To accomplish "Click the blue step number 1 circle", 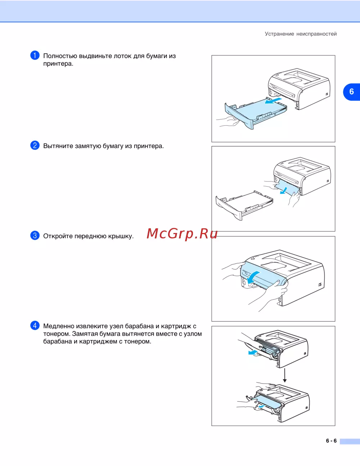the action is point(35,55).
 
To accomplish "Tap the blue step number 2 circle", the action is point(35,145).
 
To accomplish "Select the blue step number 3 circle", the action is point(35,236).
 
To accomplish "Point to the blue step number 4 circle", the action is point(35,326).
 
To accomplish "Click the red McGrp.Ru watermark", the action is point(182,234).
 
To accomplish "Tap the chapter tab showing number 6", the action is point(351,92).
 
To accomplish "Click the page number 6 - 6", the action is point(331,441).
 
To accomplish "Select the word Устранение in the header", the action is point(279,34).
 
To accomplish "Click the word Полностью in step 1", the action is point(60,56).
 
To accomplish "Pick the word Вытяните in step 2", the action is point(58,146).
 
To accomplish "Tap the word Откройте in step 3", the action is point(58,236).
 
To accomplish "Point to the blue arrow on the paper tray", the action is point(273,100).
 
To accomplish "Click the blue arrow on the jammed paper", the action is point(284,191).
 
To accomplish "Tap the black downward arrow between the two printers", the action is point(284,375).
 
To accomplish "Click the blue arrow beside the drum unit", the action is point(253,353).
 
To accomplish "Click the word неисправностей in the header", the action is point(316,34).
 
